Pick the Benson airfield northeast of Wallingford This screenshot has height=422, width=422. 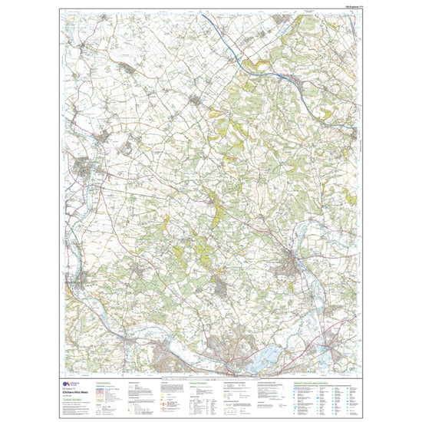127,146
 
